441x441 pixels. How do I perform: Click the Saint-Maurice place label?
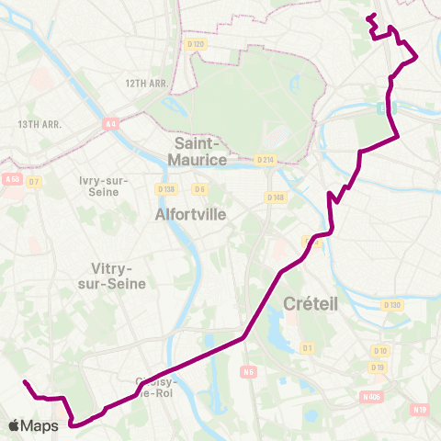(197, 152)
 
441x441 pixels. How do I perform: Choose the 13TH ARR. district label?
(39, 124)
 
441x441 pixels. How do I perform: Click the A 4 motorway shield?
(111, 123)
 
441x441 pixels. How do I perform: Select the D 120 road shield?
(195, 44)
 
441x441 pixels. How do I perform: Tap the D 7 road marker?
(35, 181)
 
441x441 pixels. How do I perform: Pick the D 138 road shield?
(165, 189)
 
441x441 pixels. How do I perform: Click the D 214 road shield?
(266, 160)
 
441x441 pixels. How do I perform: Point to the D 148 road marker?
(275, 197)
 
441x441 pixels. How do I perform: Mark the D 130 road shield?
(392, 305)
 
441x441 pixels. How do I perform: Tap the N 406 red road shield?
(371, 396)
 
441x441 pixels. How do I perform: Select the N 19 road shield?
(421, 410)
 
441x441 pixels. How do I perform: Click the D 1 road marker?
(308, 347)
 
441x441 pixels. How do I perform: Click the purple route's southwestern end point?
(25, 381)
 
